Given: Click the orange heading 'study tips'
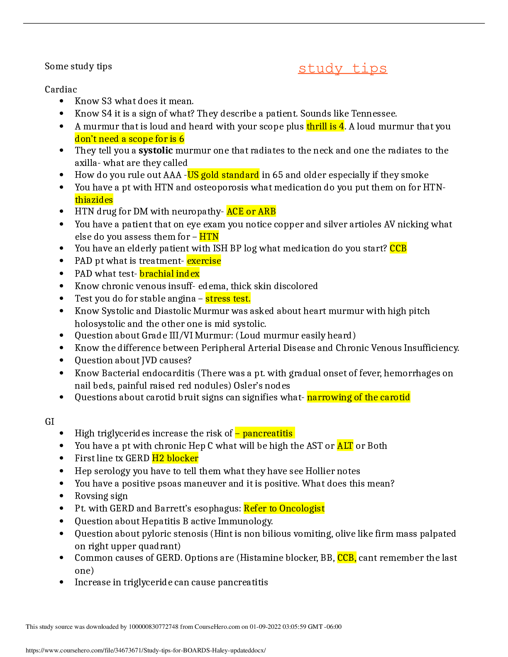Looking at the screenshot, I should pos(342,68).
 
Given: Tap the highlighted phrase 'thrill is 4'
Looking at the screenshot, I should pos(325,126).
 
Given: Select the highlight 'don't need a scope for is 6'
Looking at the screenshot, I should pos(129,139).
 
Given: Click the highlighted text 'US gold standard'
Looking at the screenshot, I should pos(223,175).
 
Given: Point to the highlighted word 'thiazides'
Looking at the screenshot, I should pos(94,200).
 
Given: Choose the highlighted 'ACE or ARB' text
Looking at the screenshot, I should pos(251,211).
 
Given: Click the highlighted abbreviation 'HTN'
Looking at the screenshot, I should pos(209,236).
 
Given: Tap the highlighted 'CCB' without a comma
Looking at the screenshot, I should pos(398,248).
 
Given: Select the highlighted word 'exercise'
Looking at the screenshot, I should pos(204,260).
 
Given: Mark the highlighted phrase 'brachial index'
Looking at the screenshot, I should pos(169,273).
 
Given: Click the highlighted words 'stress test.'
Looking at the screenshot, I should pos(228,298).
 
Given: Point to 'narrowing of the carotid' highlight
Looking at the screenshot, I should pos(358,397).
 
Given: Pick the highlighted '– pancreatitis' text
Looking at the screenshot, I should pos(265,433).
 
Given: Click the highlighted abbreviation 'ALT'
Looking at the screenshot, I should pos(345,445).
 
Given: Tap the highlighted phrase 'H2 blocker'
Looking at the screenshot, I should pos(175,458).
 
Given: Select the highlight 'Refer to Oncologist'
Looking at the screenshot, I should pos(284,508).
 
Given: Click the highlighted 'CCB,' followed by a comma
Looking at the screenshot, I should pos(347,557).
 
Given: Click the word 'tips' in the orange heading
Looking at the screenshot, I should pos(369,68).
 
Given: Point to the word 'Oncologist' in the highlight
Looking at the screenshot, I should pos(302,508).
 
